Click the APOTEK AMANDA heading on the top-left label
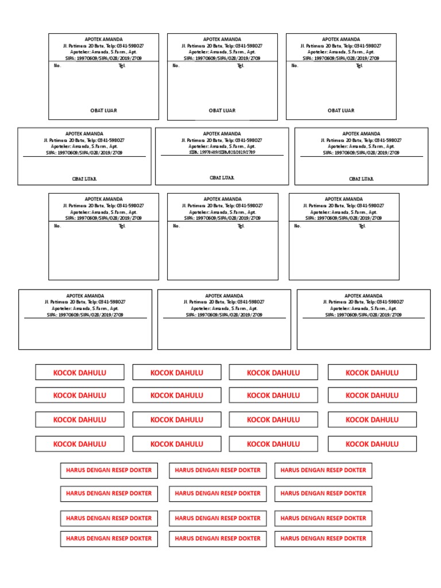click(103, 39)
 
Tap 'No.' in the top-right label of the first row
click(295, 65)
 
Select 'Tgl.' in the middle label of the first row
click(241, 65)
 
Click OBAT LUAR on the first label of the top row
click(103, 110)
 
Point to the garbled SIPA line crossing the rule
click(222, 152)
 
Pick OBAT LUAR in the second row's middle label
click(222, 177)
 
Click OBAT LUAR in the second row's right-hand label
click(361, 179)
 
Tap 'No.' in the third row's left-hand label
click(57, 226)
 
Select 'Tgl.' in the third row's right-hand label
click(362, 226)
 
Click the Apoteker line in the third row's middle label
click(222, 212)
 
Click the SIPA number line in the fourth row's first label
click(85, 315)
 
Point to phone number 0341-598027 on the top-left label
click(130, 45)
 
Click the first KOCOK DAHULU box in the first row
click(79, 373)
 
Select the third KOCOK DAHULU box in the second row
click(273, 395)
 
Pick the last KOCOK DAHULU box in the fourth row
click(372, 444)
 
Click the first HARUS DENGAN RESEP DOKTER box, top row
click(109, 470)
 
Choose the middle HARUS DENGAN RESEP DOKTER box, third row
click(218, 518)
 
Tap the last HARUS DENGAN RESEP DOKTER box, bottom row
click(323, 539)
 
